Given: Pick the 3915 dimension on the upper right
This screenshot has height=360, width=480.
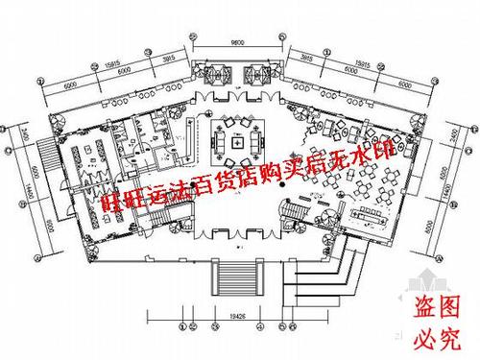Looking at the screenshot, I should pyautogui.click(x=309, y=56).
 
